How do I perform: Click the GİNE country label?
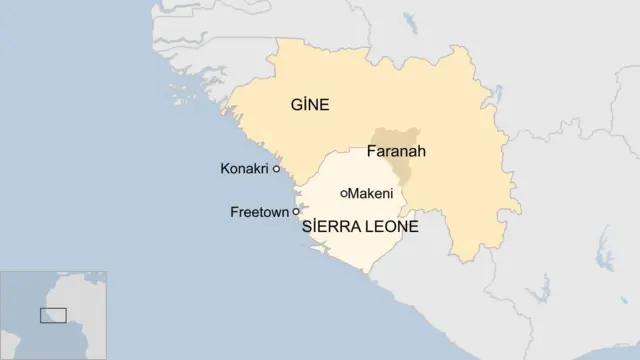tap(310, 104)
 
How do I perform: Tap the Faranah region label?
tap(396, 152)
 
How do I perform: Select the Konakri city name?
tap(244, 169)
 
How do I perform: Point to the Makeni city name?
tap(371, 193)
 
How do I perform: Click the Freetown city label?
tap(259, 212)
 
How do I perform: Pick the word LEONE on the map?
tap(391, 228)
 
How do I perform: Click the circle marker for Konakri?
tap(276, 169)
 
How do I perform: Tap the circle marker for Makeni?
tap(344, 193)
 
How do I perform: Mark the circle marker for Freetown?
tap(296, 212)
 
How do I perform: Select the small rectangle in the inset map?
tap(53, 316)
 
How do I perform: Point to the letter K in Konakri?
tap(224, 169)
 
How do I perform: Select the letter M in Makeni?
tap(354, 193)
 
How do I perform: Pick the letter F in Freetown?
tap(234, 212)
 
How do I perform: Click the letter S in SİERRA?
tap(306, 228)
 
